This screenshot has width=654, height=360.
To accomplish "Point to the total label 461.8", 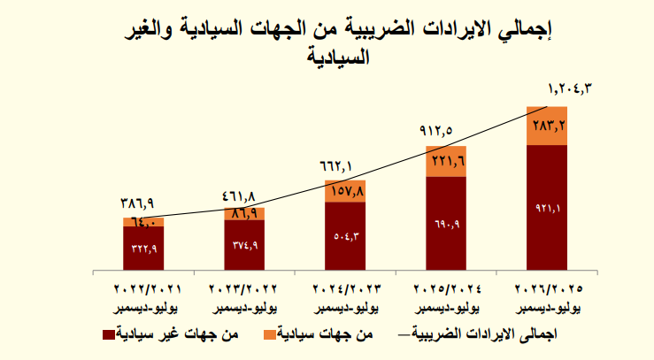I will pos(236,194).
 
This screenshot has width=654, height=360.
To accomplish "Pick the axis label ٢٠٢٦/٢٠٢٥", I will pos(546,289).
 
